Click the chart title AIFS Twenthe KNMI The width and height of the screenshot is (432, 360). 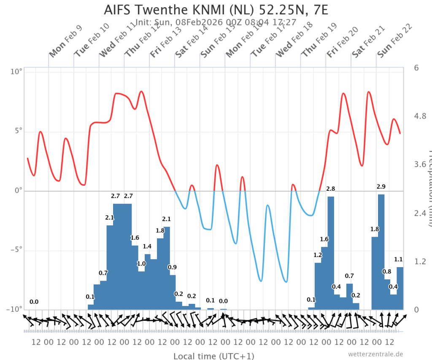(x=216, y=9)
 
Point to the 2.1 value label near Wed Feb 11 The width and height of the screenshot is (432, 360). (x=110, y=218)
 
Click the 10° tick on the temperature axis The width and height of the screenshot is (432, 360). (x=16, y=72)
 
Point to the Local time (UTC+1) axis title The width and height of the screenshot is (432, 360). (x=213, y=356)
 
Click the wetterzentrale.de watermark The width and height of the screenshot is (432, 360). (x=375, y=354)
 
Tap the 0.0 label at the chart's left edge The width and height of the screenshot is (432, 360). (x=34, y=302)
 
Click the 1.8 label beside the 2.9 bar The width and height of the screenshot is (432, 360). (x=375, y=229)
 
